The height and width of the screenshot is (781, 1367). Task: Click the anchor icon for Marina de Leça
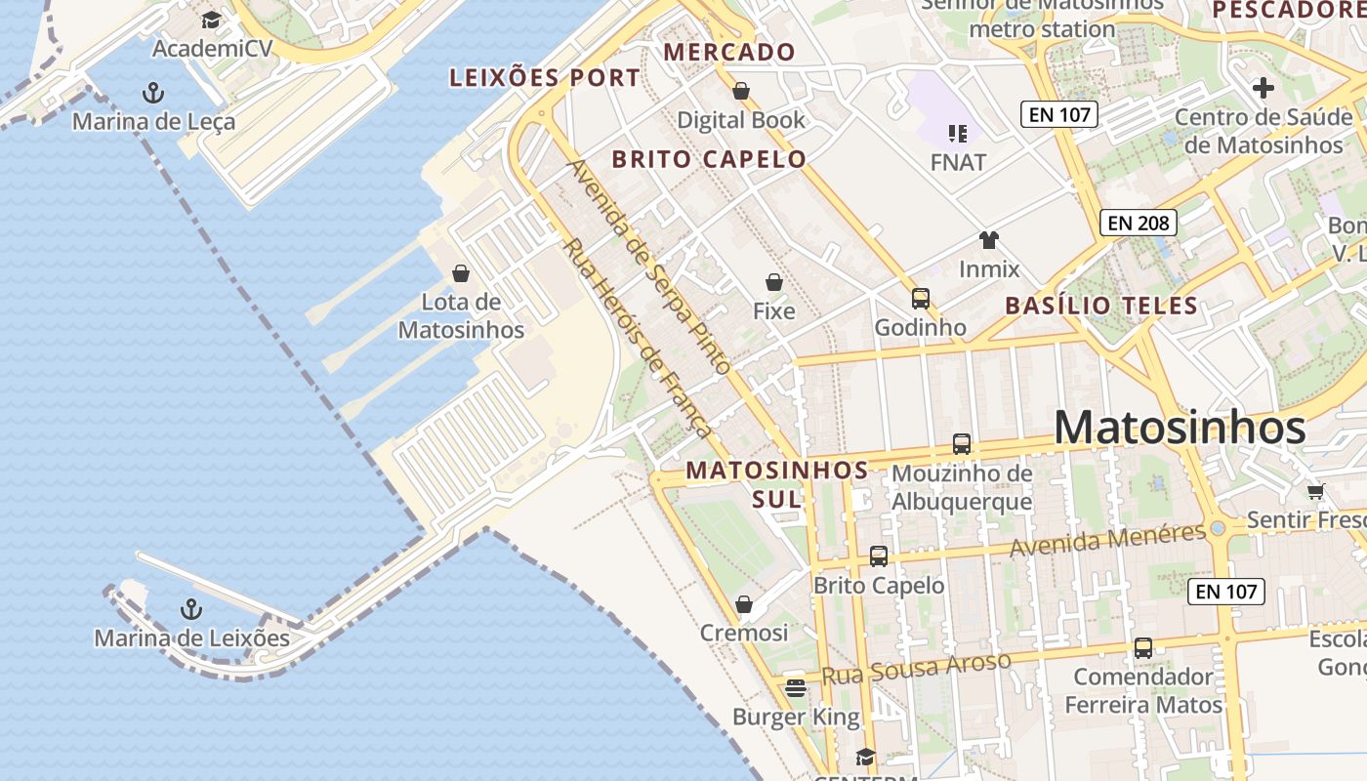[x=153, y=93]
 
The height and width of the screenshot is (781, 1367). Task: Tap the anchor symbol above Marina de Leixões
[x=191, y=610]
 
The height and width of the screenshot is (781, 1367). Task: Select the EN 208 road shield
[x=1139, y=223]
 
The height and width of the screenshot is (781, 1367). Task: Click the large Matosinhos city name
[x=1180, y=428]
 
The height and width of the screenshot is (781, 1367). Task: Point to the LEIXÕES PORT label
[x=545, y=78]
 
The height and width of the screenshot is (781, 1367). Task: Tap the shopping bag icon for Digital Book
[x=741, y=91]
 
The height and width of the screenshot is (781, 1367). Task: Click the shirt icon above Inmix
[x=989, y=240]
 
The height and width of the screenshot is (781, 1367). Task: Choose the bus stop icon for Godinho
[x=921, y=298]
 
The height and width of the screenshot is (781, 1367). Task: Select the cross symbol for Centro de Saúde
[x=1263, y=88]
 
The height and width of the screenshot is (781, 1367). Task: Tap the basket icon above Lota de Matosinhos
[x=461, y=273]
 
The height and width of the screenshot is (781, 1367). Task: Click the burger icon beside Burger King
[x=796, y=688]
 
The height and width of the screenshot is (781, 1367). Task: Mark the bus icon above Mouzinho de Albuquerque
[x=962, y=444]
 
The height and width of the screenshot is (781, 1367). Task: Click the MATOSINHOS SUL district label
[x=777, y=484]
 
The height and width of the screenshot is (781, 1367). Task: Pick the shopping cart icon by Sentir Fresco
[x=1315, y=491]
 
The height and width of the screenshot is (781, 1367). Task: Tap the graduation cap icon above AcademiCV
[x=212, y=20]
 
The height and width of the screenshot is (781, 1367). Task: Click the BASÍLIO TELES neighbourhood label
[x=1101, y=306]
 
